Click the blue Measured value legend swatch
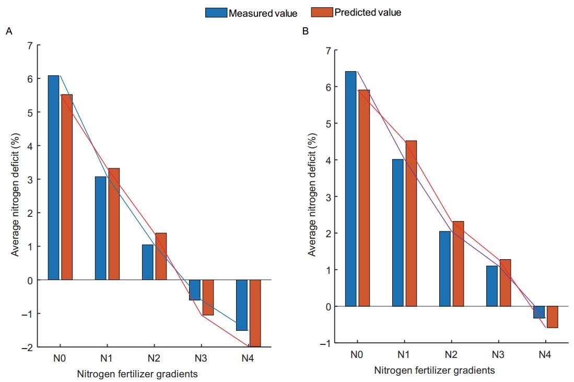click(x=216, y=13)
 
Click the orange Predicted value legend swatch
click(x=322, y=12)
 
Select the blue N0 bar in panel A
click(x=53, y=178)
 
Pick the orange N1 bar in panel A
click(x=114, y=224)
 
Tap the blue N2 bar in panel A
click(x=147, y=262)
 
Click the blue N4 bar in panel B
click(x=539, y=312)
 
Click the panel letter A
click(x=8, y=32)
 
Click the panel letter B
click(x=306, y=32)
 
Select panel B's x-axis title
click(x=435, y=370)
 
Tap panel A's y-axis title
click(x=15, y=196)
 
